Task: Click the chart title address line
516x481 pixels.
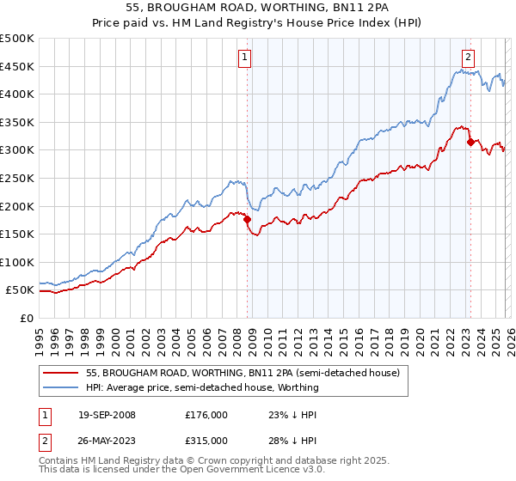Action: [x=258, y=8]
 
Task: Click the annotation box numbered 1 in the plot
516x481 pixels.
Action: [x=244, y=58]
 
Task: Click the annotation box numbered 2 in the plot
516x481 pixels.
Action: [x=468, y=58]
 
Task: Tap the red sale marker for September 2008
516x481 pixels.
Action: [x=248, y=220]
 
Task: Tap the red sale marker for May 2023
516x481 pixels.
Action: [x=470, y=142]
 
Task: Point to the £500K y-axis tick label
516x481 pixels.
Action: [x=17, y=39]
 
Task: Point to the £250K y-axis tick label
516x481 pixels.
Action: [x=17, y=178]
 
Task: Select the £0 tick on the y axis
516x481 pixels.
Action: [x=28, y=318]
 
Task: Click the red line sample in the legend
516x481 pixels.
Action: [x=61, y=374]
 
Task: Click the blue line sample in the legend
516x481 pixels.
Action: [x=61, y=387]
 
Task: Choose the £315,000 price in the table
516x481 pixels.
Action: [x=206, y=440]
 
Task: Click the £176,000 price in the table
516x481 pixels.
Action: [x=206, y=415]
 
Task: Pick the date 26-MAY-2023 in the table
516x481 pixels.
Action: [x=107, y=440]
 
